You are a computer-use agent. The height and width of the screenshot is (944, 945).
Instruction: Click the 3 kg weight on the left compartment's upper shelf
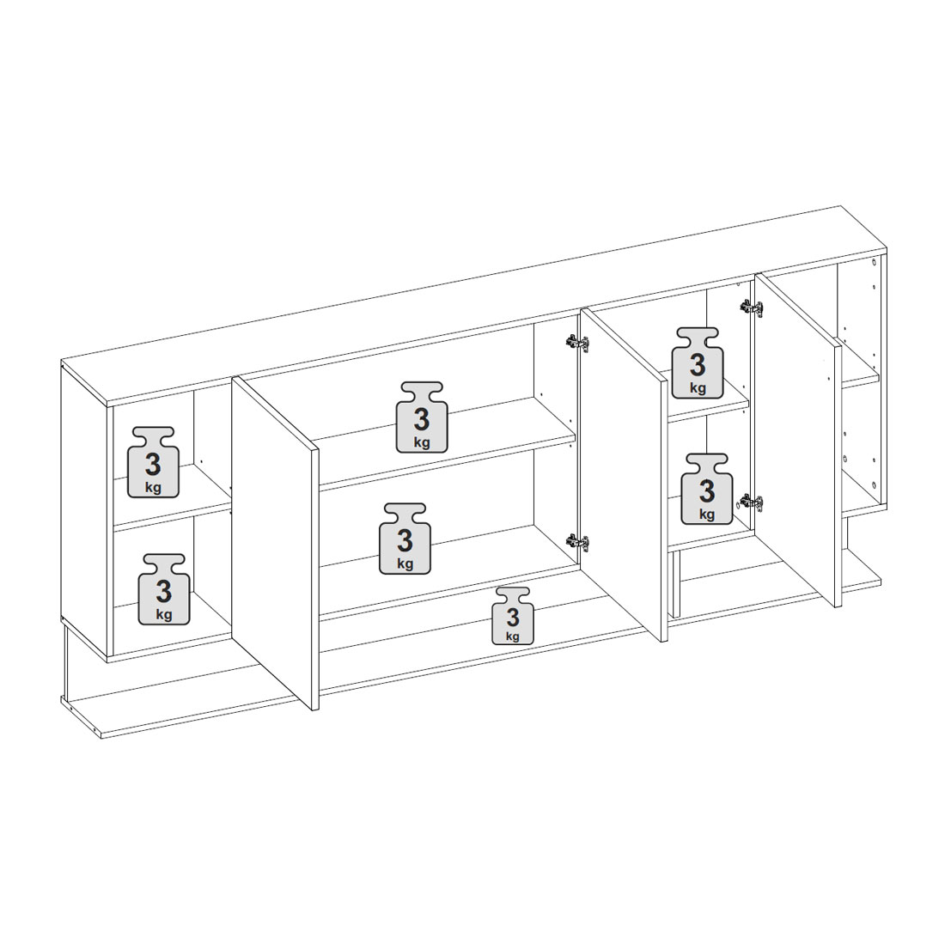153,462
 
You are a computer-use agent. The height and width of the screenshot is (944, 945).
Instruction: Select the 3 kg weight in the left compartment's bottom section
164,589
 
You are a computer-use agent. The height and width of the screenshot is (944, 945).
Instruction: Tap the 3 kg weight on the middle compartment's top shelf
422,417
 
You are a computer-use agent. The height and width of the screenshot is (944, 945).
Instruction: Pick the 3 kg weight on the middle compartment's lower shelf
405,539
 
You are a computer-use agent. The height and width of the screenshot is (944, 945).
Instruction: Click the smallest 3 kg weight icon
513,616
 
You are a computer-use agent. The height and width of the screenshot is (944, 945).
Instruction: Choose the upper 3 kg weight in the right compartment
698,363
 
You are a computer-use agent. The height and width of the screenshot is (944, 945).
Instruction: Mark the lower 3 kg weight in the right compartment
707,489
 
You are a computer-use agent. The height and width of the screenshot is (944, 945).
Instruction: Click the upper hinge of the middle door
577,343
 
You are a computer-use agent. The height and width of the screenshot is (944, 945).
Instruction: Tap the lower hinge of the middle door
577,542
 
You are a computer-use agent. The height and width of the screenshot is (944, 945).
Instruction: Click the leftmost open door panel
275,542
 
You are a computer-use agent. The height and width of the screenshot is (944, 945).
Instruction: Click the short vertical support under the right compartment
675,584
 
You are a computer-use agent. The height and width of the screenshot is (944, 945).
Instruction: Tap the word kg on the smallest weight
513,636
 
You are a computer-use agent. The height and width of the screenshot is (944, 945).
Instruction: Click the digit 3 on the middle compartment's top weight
422,418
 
